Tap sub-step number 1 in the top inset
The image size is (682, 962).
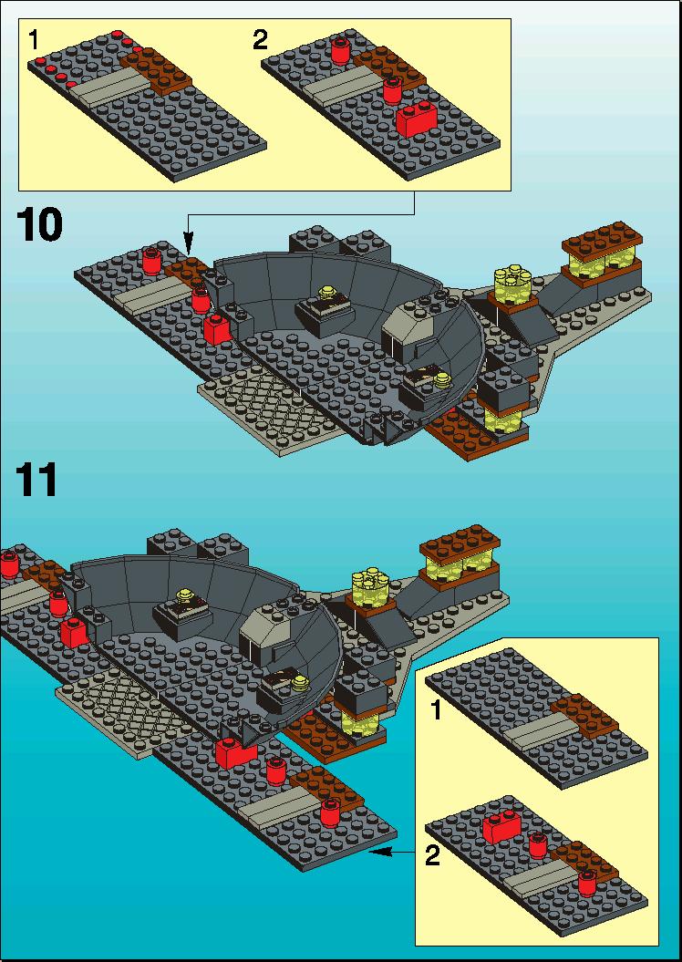point(33,40)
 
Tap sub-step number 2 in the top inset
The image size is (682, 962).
point(260,40)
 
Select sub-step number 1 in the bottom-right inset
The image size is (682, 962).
point(436,711)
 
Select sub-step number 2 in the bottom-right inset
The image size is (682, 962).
point(432,856)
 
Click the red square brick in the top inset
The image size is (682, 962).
point(417,119)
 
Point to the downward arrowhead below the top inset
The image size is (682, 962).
point(189,246)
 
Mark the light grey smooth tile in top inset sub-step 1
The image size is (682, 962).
point(109,88)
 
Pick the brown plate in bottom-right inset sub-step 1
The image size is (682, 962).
point(584,715)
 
